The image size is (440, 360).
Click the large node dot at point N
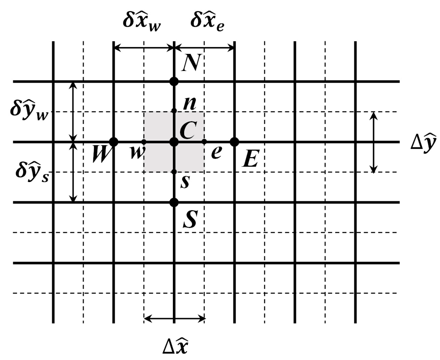174,82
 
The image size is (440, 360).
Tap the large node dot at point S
174,202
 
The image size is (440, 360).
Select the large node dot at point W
114,142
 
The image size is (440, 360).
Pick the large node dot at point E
234,142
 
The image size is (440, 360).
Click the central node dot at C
174,142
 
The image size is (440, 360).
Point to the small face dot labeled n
174,111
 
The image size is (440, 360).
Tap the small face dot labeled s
174,172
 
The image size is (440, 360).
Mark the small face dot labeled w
144,142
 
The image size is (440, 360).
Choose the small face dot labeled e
204,142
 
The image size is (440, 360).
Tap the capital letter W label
101,154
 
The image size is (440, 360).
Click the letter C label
188,130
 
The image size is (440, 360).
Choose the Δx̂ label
175,345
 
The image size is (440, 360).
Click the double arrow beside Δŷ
374,142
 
